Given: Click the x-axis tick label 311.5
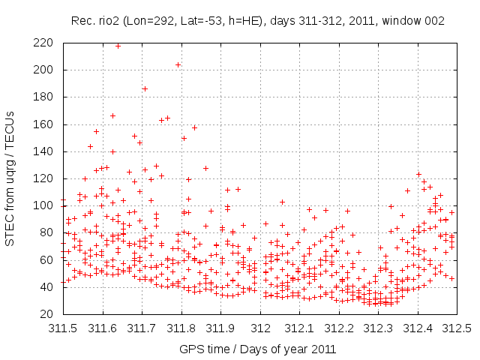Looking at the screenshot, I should pos(62,328).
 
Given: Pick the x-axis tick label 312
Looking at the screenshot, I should pos(260,328).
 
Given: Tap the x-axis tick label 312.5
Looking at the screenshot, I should pos(457,328).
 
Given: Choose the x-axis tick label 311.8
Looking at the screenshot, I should pos(181,328).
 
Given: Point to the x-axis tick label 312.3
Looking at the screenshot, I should pos(379,328).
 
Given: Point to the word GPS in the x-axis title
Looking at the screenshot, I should pos(190,349).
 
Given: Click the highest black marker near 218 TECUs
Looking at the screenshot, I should pos(118,46).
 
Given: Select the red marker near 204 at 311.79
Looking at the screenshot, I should pos(178,64).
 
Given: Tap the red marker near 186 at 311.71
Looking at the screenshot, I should pos(145,88).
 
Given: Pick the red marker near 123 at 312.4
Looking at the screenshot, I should pos(418,174).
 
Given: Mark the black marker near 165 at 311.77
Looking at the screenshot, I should pos(168,118).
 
